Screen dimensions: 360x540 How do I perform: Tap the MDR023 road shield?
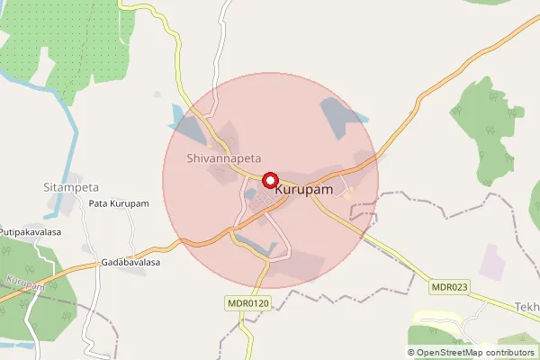[x=448, y=287]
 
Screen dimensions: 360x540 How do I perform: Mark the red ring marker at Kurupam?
[x=269, y=180]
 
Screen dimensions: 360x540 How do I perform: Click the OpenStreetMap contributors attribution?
[x=471, y=353]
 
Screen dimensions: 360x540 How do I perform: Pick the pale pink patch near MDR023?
[x=493, y=260]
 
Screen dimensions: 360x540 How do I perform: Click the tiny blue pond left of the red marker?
[x=249, y=193]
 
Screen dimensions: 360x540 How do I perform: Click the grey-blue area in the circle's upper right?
[x=340, y=117]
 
